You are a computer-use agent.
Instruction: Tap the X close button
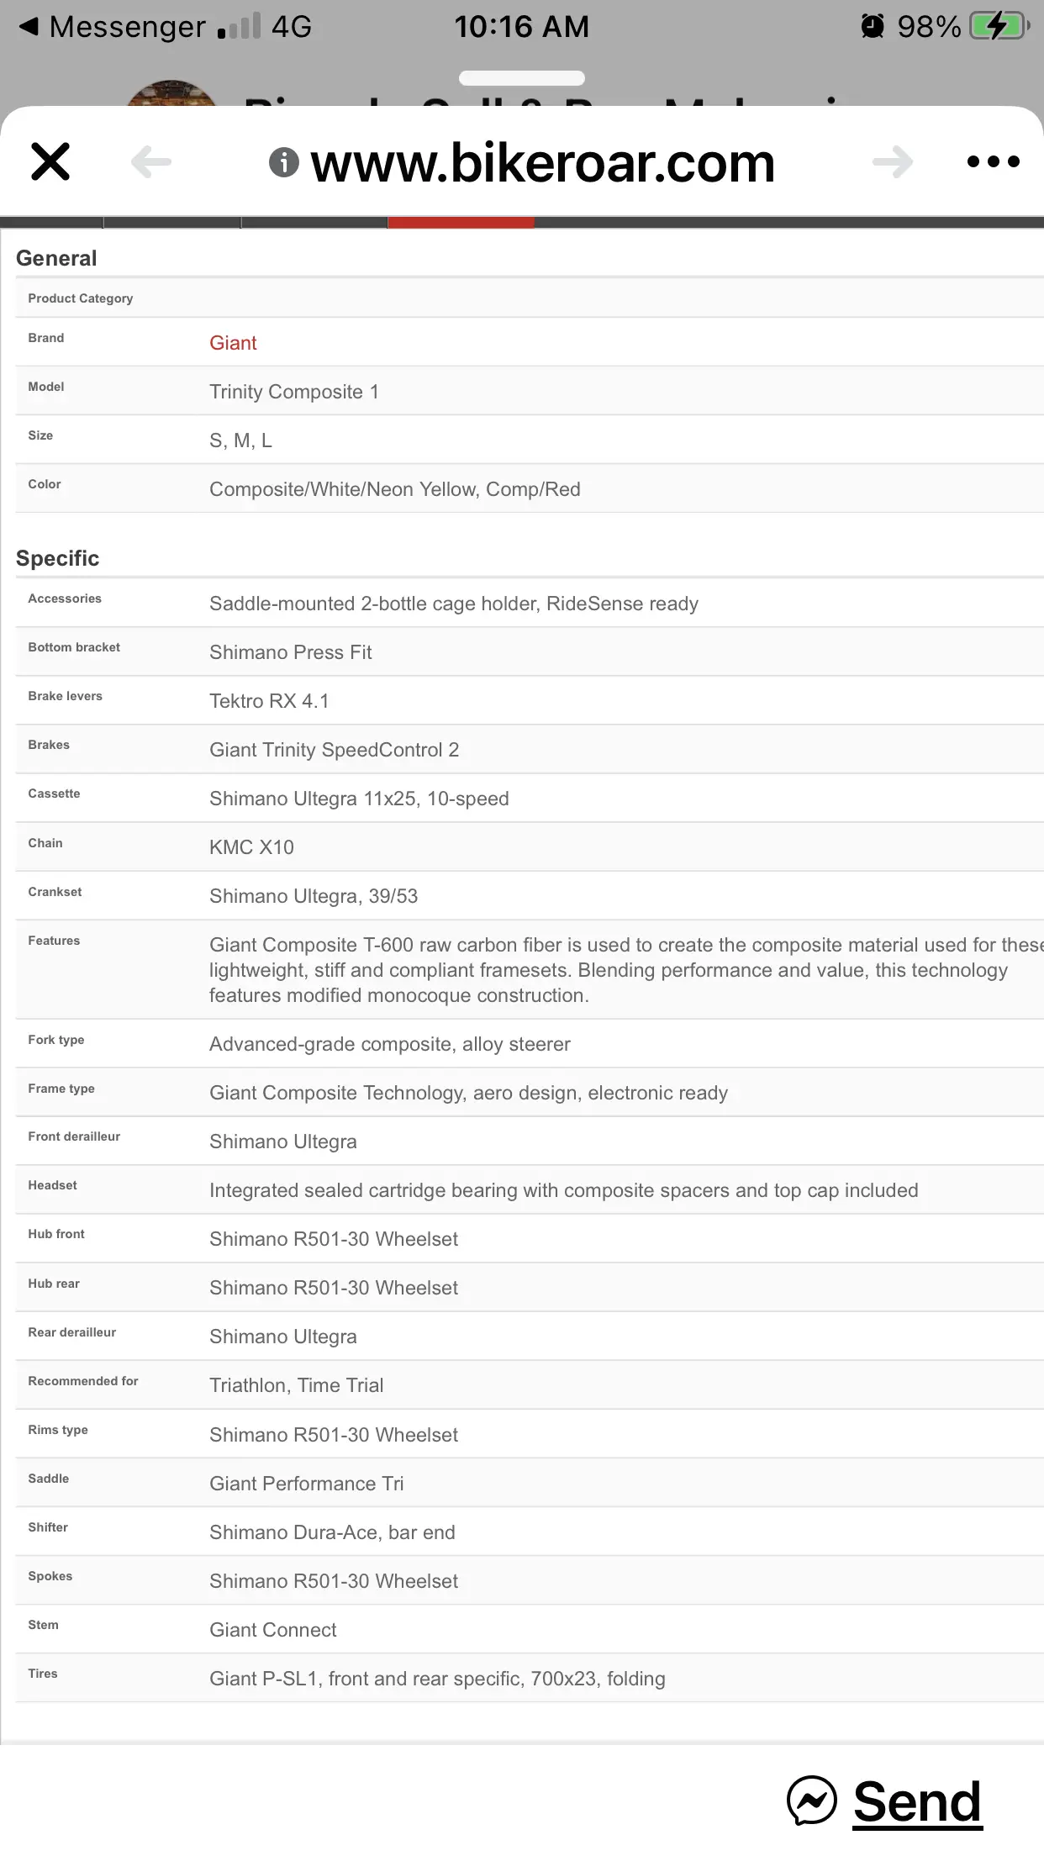(x=50, y=161)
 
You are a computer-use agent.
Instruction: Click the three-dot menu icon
(x=993, y=161)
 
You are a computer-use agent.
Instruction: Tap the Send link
(x=916, y=1801)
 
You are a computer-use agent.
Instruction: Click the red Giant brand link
(x=233, y=343)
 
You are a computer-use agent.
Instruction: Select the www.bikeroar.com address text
(x=542, y=162)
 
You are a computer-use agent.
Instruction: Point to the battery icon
(x=999, y=26)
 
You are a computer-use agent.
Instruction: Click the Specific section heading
(x=58, y=558)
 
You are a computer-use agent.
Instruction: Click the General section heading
(x=56, y=258)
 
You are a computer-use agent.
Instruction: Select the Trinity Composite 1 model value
(x=293, y=392)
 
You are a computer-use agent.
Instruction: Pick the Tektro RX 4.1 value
(x=269, y=701)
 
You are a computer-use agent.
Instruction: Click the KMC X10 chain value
(x=251, y=847)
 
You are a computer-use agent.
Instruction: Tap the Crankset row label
(x=55, y=892)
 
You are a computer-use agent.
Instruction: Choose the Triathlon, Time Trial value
(x=296, y=1385)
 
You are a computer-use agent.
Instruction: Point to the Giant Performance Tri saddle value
(x=306, y=1484)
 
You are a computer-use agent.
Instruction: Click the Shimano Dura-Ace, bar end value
(x=332, y=1532)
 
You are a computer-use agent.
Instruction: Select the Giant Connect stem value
(x=272, y=1630)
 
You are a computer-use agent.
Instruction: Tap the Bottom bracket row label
(x=74, y=647)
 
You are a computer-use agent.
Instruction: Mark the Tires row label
(x=43, y=1674)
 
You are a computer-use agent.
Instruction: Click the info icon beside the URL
(x=284, y=162)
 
